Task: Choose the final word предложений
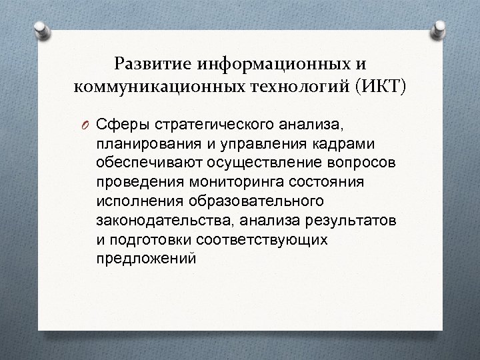click(147, 258)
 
